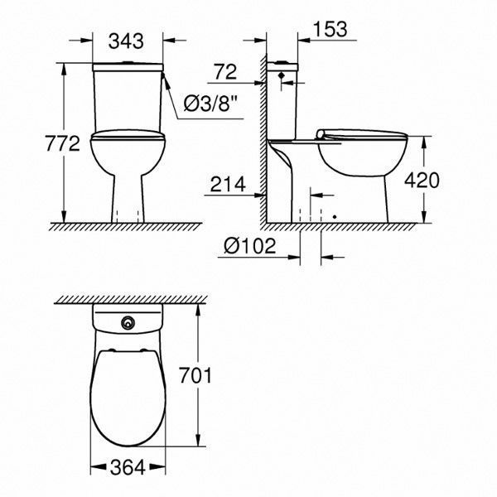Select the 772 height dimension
[x=63, y=143]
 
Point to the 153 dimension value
[x=330, y=29]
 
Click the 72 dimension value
[x=224, y=72]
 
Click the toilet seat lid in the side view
[x=363, y=133]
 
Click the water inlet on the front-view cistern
[x=166, y=80]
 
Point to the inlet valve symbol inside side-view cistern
[x=284, y=77]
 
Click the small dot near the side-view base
[x=334, y=217]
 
